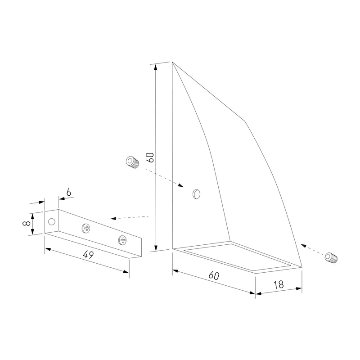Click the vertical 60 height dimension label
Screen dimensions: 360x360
click(151, 157)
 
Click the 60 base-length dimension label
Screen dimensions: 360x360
click(214, 275)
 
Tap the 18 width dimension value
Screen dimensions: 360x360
click(279, 285)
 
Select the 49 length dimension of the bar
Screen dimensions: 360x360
click(88, 254)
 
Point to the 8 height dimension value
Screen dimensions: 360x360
click(27, 223)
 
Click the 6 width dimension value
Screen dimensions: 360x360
click(69, 193)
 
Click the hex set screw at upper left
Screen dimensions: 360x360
click(133, 162)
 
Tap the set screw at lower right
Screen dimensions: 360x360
click(331, 257)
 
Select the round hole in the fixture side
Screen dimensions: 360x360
click(196, 194)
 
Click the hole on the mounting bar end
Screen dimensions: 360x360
click(52, 221)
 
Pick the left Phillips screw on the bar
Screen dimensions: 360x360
click(86, 228)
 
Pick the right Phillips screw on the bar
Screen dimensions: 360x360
click(122, 240)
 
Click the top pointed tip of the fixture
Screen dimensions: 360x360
click(172, 62)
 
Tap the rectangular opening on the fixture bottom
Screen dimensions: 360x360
click(238, 256)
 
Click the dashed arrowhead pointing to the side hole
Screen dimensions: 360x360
click(180, 185)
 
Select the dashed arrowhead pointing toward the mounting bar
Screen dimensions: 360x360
click(113, 218)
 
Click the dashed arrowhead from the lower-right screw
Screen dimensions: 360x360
click(303, 246)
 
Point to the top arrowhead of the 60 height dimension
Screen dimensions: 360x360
click(156, 67)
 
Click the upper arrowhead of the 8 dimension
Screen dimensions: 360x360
click(32, 216)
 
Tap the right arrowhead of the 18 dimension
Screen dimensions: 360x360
click(299, 289)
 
